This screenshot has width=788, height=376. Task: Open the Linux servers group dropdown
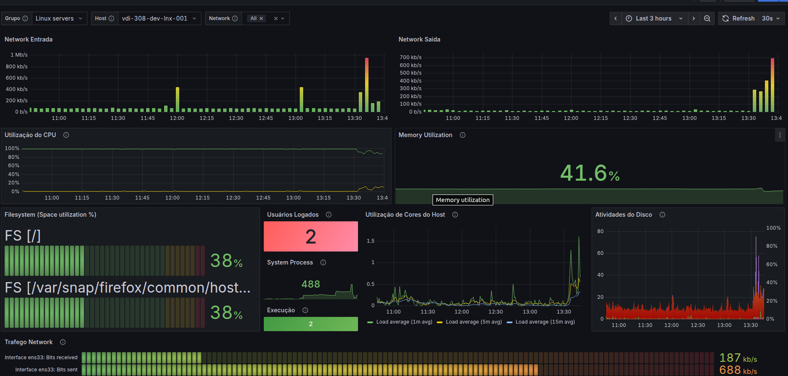pos(59,18)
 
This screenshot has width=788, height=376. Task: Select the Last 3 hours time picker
pos(654,18)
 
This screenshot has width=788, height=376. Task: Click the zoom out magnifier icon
pos(707,18)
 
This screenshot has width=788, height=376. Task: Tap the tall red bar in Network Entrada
pos(367,85)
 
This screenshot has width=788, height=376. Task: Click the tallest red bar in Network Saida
pos(773,85)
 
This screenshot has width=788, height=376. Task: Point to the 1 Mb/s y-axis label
pos(19,55)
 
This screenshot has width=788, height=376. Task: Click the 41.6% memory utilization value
pos(590,173)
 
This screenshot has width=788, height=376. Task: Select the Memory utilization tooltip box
pos(463,200)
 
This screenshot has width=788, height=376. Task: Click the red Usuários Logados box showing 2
pos(311,236)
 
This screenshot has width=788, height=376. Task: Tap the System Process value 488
pos(311,284)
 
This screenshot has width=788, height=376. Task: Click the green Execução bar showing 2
pos(311,324)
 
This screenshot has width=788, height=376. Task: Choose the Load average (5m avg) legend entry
pos(469,322)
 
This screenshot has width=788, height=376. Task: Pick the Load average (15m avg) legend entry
pos(541,322)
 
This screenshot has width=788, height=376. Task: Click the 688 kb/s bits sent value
pos(738,370)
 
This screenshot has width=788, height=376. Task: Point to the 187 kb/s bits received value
pos(738,358)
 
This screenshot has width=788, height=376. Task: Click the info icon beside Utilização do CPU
pos(66,135)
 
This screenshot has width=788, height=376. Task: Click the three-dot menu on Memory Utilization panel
pos(780,135)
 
